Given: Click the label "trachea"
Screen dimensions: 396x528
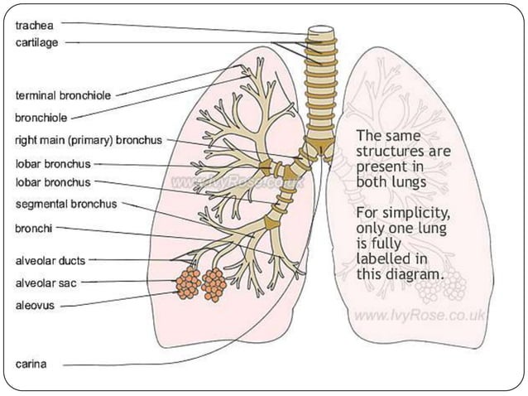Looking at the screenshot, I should point(35,25).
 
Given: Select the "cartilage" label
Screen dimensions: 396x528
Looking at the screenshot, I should point(37,42).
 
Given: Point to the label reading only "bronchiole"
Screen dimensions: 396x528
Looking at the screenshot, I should point(41,118).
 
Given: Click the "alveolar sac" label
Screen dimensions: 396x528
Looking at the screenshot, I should point(47,283).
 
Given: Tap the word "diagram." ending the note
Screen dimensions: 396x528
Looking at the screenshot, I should point(414,274).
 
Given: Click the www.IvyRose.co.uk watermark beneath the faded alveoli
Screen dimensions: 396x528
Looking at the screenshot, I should point(420,315).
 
